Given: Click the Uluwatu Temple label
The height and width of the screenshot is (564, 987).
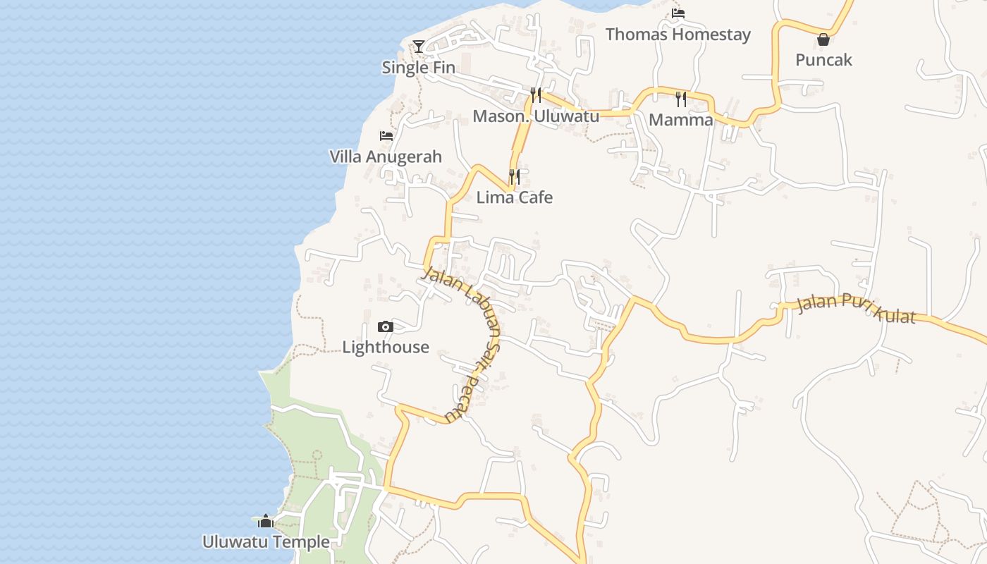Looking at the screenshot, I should coord(266,542).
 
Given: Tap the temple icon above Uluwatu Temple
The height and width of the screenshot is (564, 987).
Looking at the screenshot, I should coord(266,521).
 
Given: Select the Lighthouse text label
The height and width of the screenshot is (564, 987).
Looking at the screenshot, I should coord(386,347).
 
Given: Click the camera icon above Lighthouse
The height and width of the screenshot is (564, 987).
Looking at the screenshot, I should coord(385,326).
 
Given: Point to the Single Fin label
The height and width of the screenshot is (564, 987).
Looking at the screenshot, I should coord(418,68).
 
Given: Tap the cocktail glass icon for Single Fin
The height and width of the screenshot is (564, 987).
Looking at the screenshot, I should coord(419,47).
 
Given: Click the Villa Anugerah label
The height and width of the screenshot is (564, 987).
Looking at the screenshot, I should coord(386,157).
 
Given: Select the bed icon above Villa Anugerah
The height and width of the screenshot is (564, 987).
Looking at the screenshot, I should coord(386,135).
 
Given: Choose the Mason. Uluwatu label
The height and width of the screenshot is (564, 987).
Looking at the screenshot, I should coord(536,116).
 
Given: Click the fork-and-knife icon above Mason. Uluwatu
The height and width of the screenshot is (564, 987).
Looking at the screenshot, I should coord(536,95).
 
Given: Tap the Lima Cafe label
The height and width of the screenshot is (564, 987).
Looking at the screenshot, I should coord(515,197).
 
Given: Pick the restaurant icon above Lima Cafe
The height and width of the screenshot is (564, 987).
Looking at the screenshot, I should coord(515,176).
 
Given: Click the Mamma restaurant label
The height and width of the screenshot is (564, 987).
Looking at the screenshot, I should coord(681,120).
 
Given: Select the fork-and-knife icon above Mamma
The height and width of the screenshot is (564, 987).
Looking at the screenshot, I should coord(681,99).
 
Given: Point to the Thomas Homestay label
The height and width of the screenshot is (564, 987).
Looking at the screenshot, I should coord(678,34).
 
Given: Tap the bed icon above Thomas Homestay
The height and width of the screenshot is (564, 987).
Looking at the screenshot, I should coord(678,13).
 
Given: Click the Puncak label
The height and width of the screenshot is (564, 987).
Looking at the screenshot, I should coord(823,60).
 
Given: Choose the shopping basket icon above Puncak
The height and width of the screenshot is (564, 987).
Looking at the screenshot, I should coord(823,39).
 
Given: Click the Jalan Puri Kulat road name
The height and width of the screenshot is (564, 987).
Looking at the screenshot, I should coord(856,309).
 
